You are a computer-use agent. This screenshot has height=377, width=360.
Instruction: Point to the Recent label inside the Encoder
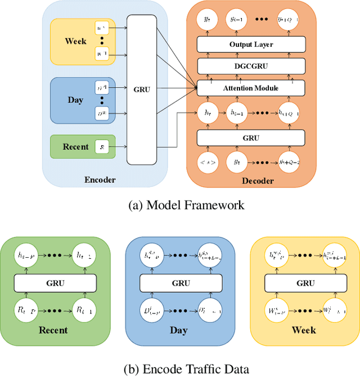click(75, 147)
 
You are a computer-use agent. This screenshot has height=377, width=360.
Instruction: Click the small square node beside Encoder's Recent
click(101, 147)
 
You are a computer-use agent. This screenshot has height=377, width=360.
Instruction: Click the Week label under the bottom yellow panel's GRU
click(305, 330)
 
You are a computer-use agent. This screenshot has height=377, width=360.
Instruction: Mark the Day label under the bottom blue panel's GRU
click(179, 330)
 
